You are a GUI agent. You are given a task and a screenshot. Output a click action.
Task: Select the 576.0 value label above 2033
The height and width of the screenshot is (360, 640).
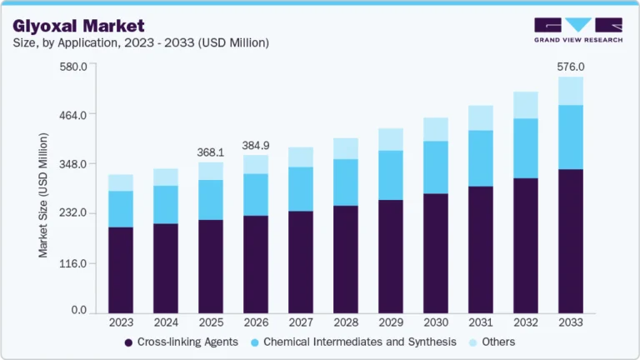[570, 67]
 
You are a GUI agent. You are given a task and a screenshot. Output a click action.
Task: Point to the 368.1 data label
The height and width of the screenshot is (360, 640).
[210, 152]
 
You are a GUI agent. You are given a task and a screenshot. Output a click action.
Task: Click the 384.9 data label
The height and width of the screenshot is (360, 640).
[256, 145]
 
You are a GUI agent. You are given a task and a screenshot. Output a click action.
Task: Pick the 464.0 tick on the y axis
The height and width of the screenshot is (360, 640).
[72, 114]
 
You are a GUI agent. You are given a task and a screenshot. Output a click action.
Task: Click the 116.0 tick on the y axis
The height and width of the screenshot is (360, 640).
[72, 263]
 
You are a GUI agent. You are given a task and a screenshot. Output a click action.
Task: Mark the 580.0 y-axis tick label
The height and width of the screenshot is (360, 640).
[72, 67]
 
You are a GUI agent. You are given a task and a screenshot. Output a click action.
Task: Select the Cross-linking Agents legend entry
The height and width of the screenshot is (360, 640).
[181, 342]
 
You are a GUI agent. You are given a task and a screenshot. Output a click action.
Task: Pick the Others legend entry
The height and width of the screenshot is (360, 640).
[498, 342]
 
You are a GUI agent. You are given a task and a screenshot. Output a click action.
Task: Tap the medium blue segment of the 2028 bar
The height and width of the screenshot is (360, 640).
[345, 182]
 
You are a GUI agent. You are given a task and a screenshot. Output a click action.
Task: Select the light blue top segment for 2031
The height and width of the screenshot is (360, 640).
[480, 118]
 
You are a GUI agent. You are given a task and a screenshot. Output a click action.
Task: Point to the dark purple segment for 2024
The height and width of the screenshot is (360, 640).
[166, 269]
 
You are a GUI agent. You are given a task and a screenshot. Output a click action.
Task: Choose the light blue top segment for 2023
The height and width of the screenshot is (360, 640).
[121, 182]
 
